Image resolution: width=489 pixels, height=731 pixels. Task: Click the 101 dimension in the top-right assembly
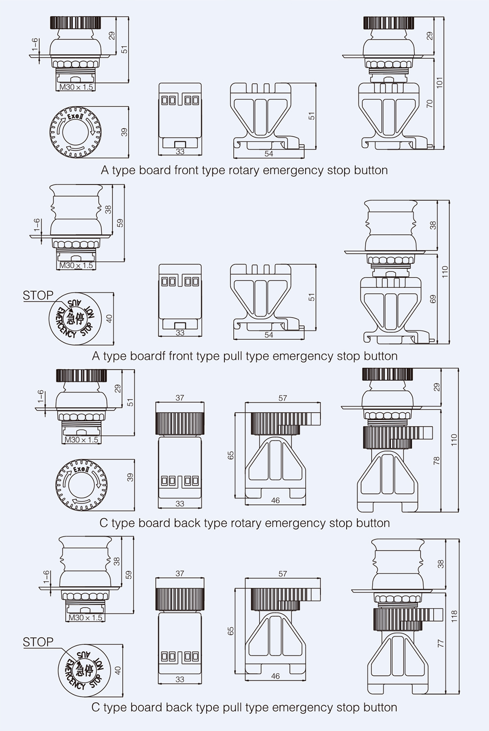[440, 82]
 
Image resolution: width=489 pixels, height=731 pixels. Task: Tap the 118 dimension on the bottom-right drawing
[454, 615]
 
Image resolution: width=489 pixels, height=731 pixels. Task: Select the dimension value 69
[433, 299]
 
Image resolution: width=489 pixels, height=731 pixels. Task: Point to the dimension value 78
[437, 460]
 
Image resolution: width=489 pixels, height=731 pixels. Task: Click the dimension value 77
[441, 643]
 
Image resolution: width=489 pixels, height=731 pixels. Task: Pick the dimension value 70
[430, 103]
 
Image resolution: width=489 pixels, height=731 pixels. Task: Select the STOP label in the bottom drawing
[38, 642]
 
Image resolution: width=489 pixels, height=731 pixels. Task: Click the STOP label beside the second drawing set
[38, 295]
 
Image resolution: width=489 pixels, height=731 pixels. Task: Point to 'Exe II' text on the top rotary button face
[75, 117]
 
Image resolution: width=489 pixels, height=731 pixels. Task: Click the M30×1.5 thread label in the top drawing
[76, 87]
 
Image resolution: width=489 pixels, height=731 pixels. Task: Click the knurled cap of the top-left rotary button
[75, 23]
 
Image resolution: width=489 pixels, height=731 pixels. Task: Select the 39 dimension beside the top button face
[124, 132]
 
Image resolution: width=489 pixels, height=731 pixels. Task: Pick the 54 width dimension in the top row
[268, 154]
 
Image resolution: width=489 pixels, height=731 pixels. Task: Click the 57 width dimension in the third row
[282, 398]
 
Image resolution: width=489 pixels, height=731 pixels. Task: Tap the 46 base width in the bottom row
[275, 676]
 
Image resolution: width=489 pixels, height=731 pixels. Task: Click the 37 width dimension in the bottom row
[179, 573]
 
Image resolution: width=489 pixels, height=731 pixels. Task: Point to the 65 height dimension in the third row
[231, 455]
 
